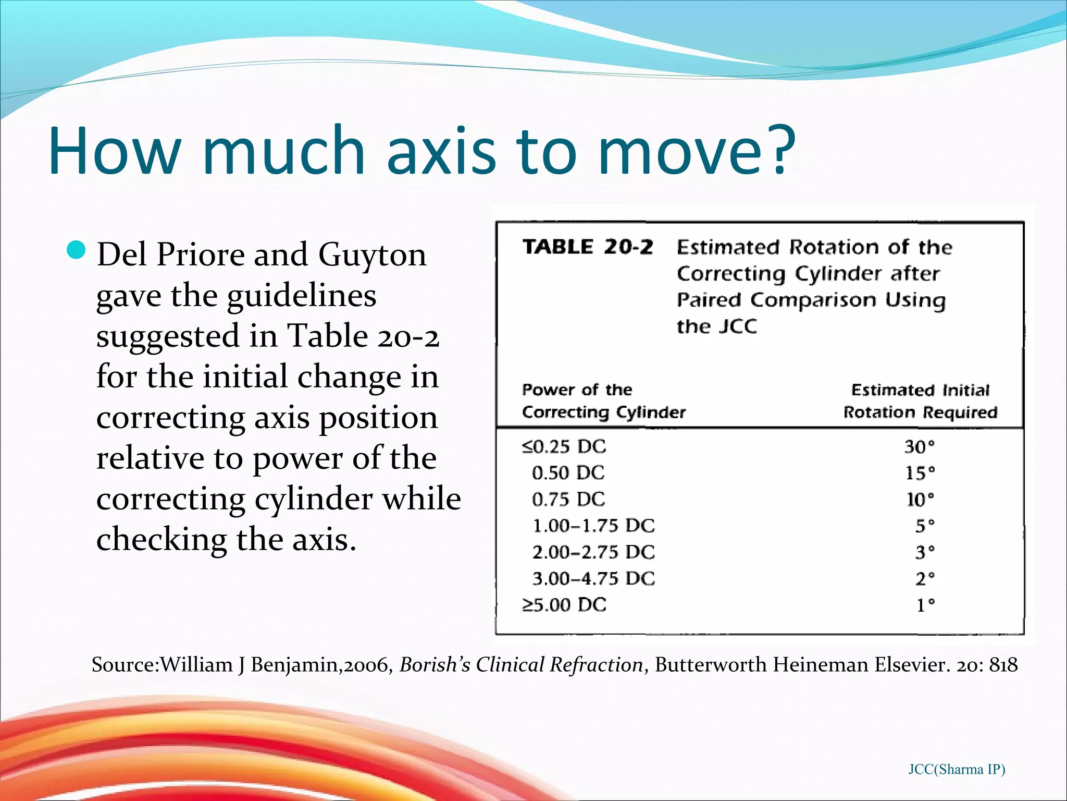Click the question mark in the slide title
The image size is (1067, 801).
[777, 150]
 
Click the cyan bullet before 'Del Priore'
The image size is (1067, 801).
[76, 250]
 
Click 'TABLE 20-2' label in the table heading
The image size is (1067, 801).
[587, 247]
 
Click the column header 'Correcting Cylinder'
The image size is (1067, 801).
[603, 412]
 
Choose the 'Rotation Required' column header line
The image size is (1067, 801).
[920, 412]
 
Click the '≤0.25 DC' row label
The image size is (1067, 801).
[564, 447]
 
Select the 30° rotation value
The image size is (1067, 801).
[919, 447]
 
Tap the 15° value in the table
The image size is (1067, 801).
[920, 473]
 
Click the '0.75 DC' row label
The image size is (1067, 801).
[568, 500]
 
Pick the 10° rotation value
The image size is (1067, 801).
[920, 500]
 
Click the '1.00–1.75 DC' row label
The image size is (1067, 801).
[593, 526]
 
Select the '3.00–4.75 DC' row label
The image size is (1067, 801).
[593, 578]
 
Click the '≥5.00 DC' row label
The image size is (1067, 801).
[564, 605]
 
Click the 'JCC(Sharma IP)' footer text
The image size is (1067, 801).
[957, 769]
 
